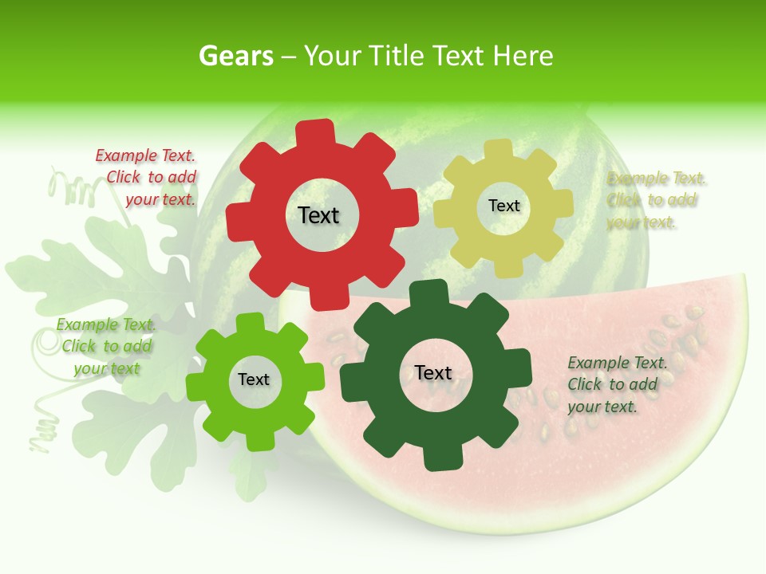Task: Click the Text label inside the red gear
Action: click(318, 215)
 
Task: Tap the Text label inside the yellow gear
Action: click(503, 206)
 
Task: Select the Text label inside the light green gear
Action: click(254, 379)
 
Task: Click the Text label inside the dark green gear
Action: click(433, 372)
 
